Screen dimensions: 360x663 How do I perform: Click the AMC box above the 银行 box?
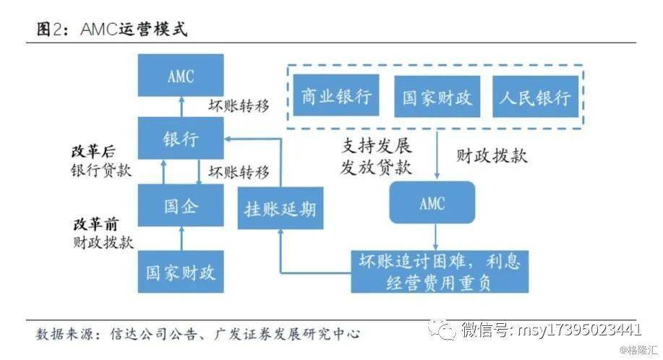[x=180, y=77]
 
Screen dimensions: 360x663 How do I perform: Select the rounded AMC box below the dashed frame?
[x=432, y=202]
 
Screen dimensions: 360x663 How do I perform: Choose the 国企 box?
[x=180, y=206]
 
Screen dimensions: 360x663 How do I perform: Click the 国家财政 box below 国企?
[x=180, y=272]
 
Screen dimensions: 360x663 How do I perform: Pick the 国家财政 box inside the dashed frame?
[x=437, y=97]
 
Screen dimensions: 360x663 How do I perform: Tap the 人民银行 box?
[x=535, y=97]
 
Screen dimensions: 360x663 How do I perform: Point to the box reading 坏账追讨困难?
[x=435, y=270]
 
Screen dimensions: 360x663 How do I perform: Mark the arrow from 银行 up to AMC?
[x=180, y=106]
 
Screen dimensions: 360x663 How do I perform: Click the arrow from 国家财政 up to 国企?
[x=180, y=239]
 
